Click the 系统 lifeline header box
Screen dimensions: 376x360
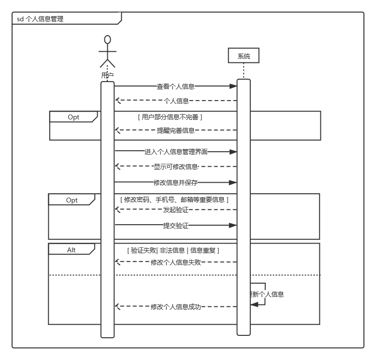pos(244,56)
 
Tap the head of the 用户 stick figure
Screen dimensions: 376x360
pos(107,40)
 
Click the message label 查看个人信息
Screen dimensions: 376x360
pos(175,86)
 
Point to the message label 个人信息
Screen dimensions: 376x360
pos(176,101)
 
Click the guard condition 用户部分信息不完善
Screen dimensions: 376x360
pos(170,117)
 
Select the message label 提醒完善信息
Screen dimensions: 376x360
pos(175,130)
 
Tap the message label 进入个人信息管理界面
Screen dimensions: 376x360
pos(176,152)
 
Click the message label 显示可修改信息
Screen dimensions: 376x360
pos(175,167)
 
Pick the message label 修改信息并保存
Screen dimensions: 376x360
pos(175,183)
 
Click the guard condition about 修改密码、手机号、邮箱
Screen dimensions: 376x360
pos(174,200)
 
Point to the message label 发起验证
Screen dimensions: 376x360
pos(175,210)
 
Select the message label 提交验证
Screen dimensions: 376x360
pos(175,225)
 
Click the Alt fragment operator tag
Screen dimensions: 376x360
pos(72,250)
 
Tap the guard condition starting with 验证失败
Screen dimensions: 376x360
pos(173,250)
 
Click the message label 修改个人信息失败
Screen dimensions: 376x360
pos(175,262)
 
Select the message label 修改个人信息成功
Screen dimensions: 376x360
pos(175,306)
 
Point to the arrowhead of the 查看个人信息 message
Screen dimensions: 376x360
pos(233,86)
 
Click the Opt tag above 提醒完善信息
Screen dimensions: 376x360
pos(73,117)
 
